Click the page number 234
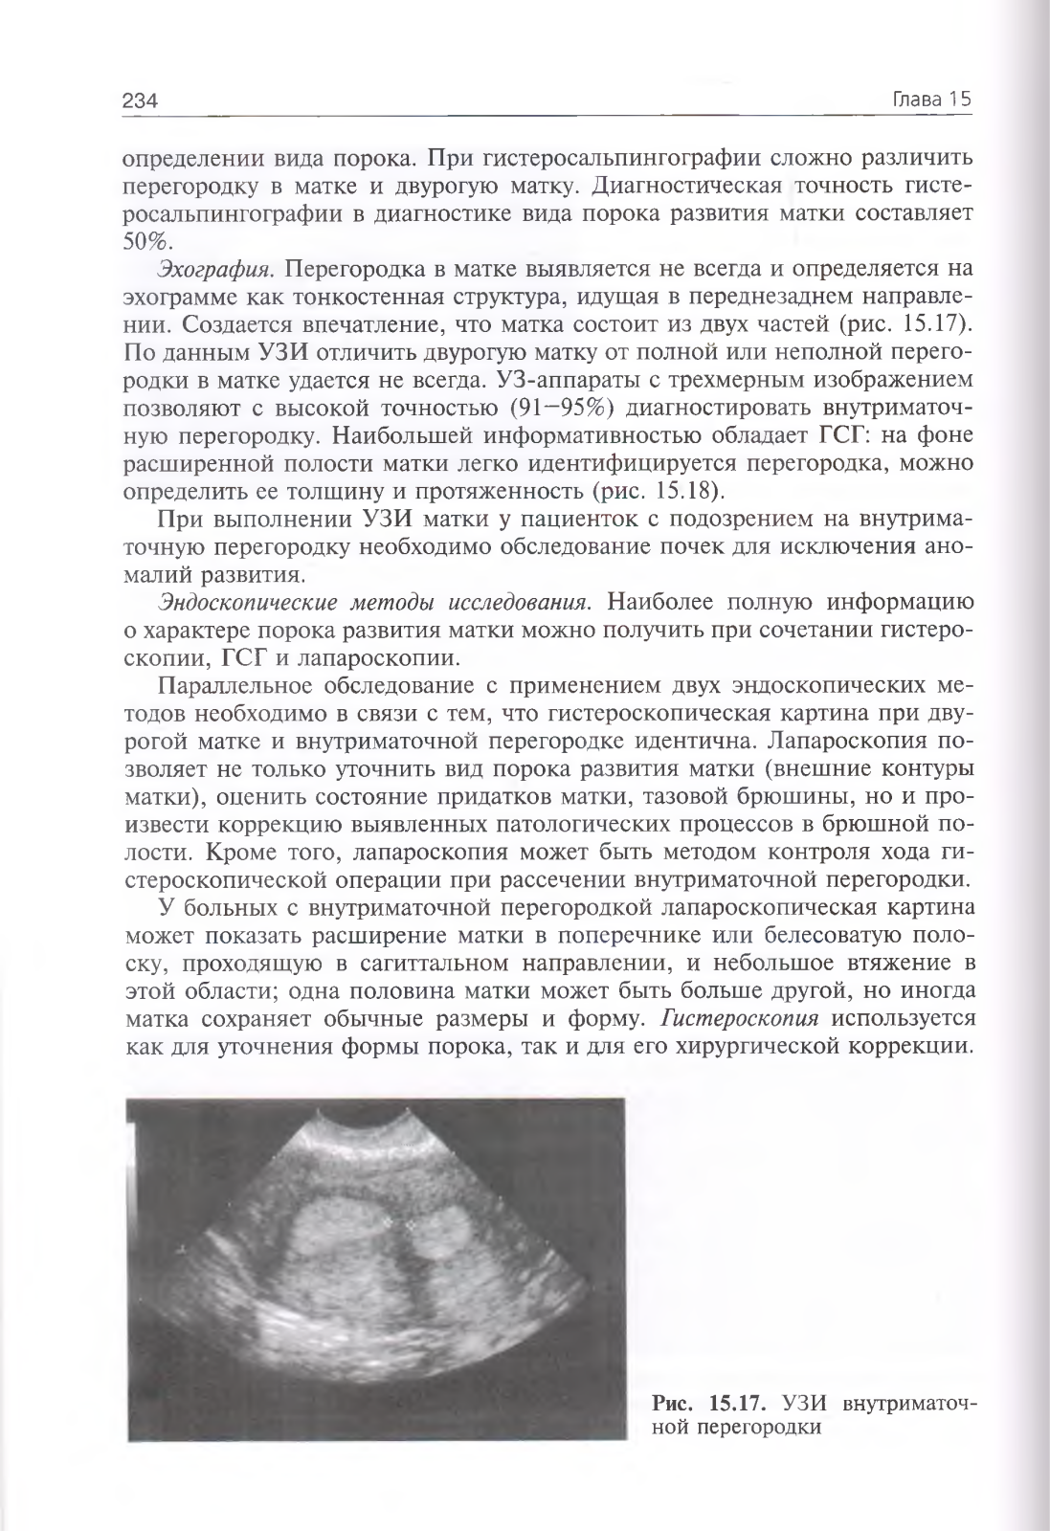click(140, 100)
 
